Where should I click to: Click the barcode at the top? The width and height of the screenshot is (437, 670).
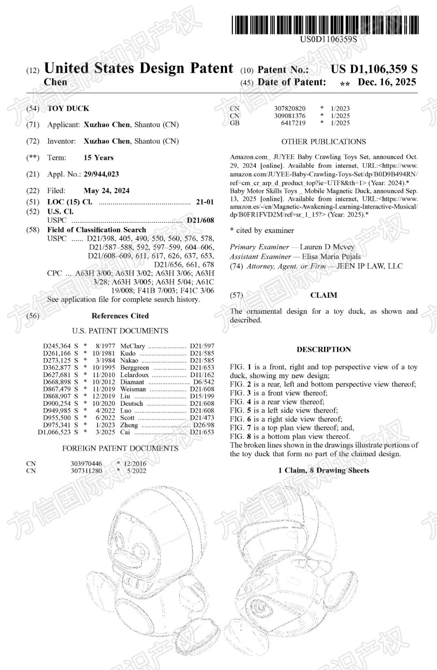click(x=325, y=25)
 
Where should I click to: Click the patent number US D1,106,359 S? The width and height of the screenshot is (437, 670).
click(x=374, y=69)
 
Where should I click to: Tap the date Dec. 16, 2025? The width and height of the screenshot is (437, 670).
click(x=387, y=82)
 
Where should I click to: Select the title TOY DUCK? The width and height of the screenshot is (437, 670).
click(x=68, y=108)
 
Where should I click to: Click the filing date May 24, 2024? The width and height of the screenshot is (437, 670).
click(x=106, y=190)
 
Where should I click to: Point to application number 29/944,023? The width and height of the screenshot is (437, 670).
click(x=101, y=174)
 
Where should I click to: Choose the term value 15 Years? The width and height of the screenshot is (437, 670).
click(x=98, y=157)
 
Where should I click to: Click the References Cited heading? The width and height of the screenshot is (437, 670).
click(x=120, y=316)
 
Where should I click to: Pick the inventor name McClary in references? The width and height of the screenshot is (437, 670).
click(x=132, y=346)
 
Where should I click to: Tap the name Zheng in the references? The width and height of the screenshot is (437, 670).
click(x=129, y=425)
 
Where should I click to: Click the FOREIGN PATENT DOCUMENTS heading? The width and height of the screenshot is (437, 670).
click(x=120, y=448)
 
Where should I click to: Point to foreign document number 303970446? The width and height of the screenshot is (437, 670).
click(x=86, y=464)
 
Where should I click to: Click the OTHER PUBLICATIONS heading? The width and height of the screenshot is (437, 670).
click(x=323, y=141)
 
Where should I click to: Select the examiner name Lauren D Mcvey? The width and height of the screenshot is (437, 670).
click(x=327, y=247)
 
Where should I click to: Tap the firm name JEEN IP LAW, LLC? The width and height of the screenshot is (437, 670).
click(x=369, y=266)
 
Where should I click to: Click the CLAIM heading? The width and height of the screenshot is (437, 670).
click(x=323, y=295)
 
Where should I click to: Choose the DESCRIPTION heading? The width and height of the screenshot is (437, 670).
click(x=323, y=350)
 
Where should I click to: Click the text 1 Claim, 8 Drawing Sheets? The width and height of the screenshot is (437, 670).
click(x=323, y=470)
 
